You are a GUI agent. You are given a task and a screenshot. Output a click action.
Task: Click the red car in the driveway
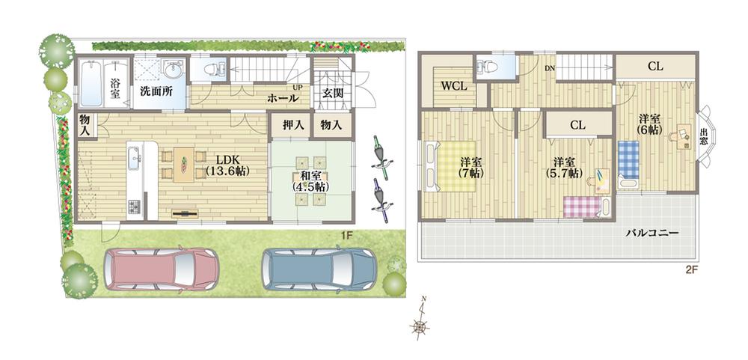[162, 268]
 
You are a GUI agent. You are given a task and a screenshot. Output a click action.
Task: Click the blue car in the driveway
[319, 269]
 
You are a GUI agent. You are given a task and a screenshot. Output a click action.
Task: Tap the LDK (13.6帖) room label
[227, 165]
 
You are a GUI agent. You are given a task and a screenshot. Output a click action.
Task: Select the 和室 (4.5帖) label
[309, 182]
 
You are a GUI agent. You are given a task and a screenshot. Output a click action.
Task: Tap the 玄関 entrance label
[333, 94]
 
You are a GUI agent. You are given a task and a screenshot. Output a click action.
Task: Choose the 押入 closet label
[292, 125]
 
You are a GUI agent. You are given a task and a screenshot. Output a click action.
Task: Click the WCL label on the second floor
[453, 86]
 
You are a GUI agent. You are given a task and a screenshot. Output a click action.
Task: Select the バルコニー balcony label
[652, 233]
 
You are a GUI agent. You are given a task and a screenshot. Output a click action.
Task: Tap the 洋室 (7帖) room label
[470, 168]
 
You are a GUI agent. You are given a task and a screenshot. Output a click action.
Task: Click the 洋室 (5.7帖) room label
[567, 168]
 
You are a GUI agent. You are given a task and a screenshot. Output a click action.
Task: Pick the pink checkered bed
[581, 206]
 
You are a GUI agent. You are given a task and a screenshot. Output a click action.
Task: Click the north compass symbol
[421, 323]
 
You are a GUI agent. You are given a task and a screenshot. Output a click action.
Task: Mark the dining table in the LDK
[183, 165]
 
